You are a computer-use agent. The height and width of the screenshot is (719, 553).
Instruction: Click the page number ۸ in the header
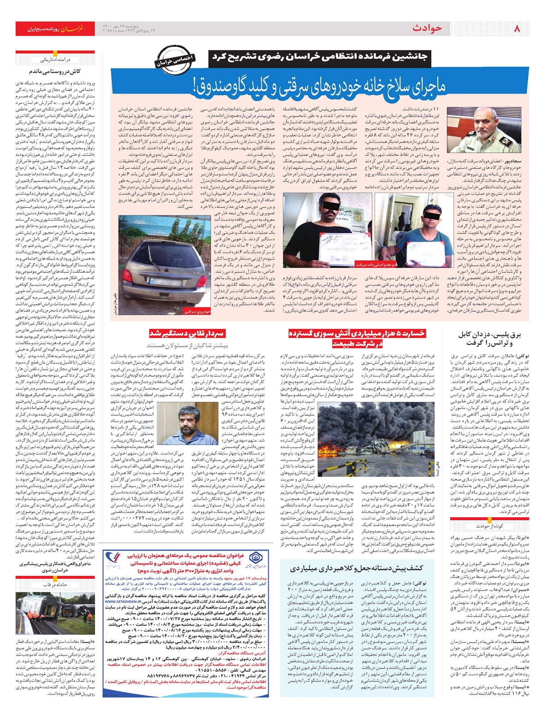click(x=516, y=29)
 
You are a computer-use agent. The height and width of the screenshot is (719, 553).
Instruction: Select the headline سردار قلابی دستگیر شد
click(x=187, y=334)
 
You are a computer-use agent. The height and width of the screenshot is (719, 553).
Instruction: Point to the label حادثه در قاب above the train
click(x=55, y=584)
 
